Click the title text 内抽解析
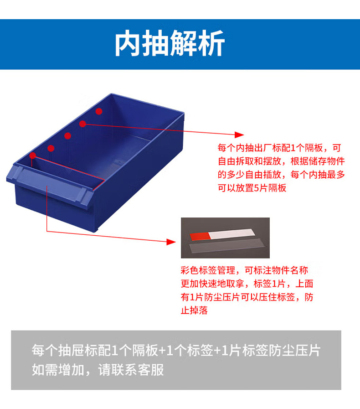tap(170, 44)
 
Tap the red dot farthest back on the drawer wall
tap(98, 111)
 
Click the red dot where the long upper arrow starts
tap(82, 124)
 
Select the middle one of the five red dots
tap(67, 135)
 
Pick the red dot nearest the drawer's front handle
tap(32, 156)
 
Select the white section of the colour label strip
tap(231, 234)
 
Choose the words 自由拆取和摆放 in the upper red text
tap(248, 161)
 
